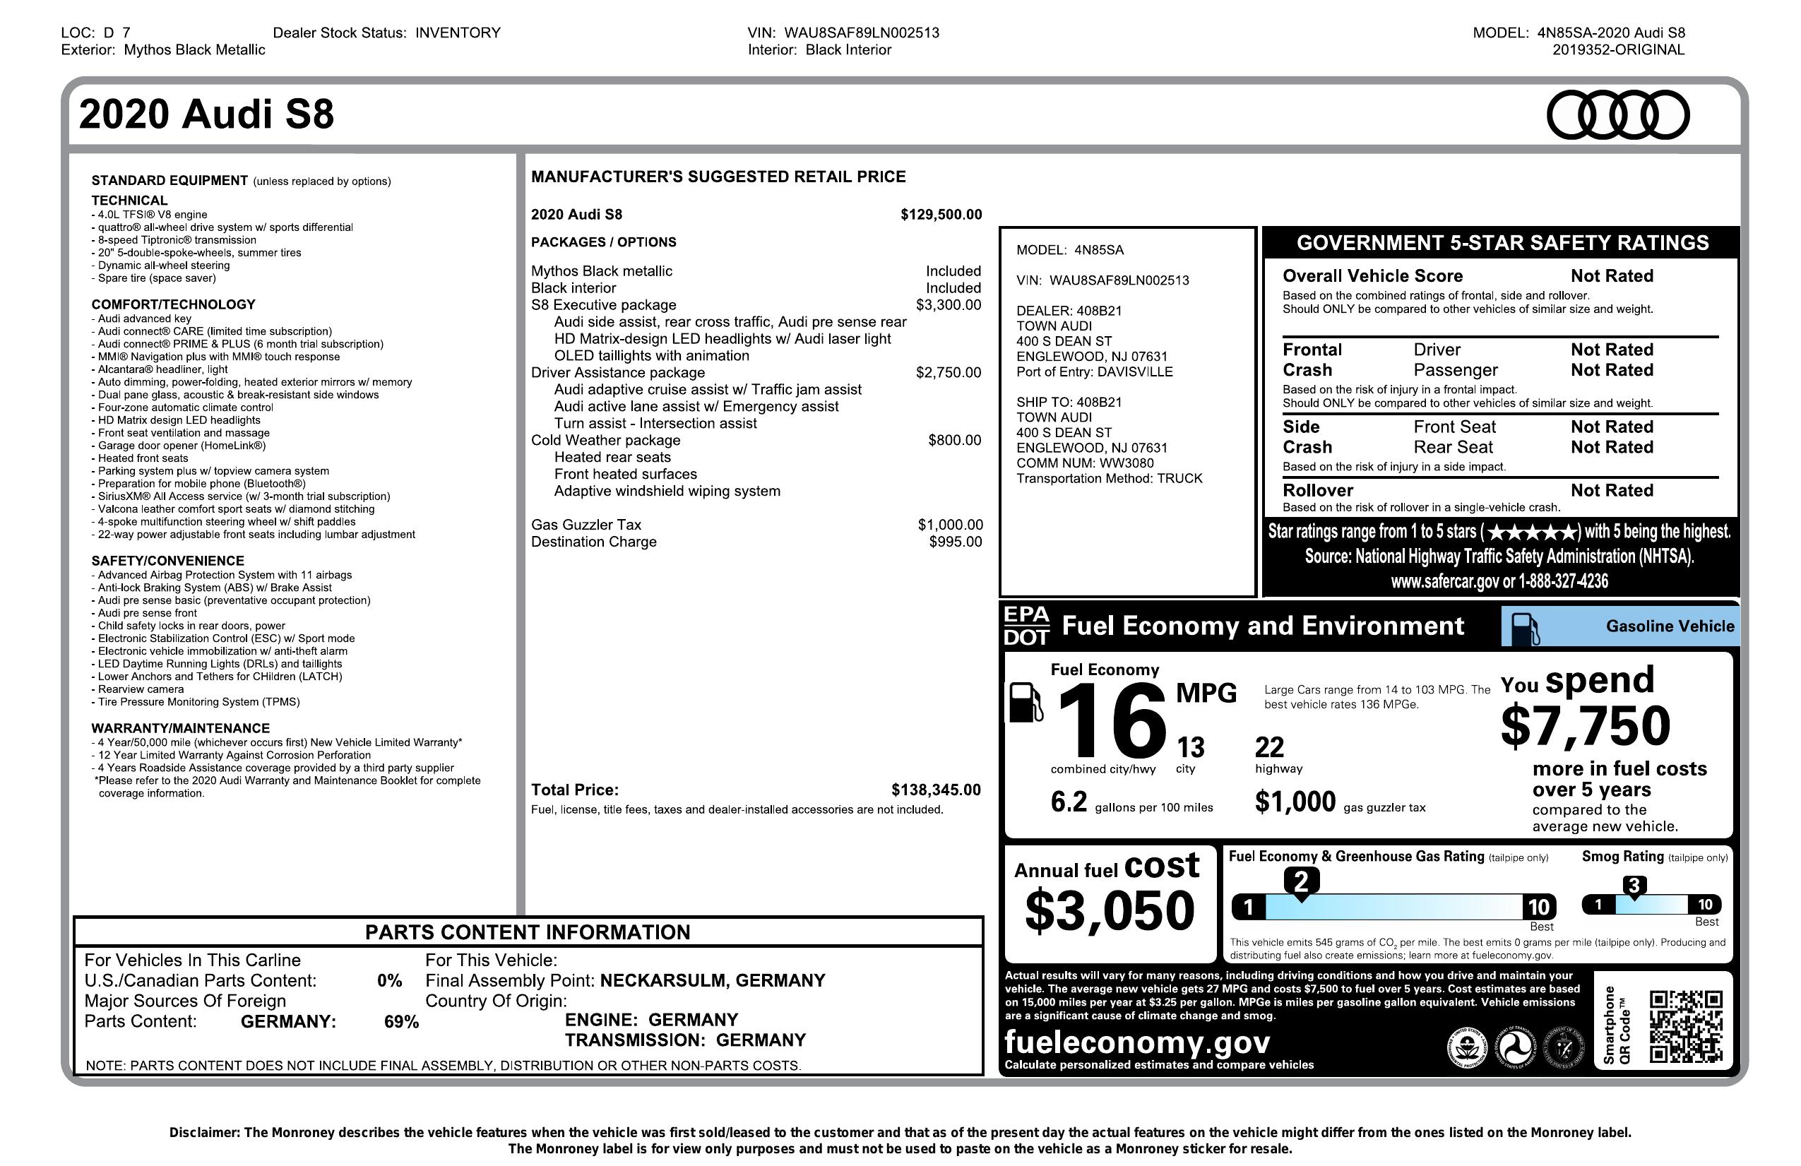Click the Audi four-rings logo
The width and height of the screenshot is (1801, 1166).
1618,115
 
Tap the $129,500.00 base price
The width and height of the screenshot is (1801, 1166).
941,215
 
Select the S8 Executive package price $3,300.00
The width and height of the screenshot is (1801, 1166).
948,305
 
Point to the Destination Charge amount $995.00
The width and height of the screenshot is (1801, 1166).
955,542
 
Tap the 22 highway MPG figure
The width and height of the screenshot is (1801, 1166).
1269,748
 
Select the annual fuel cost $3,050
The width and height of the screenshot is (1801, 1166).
1110,910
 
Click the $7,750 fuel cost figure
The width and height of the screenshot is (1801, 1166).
1586,725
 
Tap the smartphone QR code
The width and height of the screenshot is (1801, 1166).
1686,1026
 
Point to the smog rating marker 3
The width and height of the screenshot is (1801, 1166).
1634,886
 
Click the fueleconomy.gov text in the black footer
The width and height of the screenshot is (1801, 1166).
1136,1042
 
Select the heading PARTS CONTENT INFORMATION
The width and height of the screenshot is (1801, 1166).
528,932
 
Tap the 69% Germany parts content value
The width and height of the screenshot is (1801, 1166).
401,1022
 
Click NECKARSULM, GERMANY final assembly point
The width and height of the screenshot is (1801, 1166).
712,981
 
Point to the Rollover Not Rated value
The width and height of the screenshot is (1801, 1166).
1611,490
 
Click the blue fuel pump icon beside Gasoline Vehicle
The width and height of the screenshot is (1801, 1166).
1524,628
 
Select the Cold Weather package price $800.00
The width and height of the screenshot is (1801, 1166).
954,441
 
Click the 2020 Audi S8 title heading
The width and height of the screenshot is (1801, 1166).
206,115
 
